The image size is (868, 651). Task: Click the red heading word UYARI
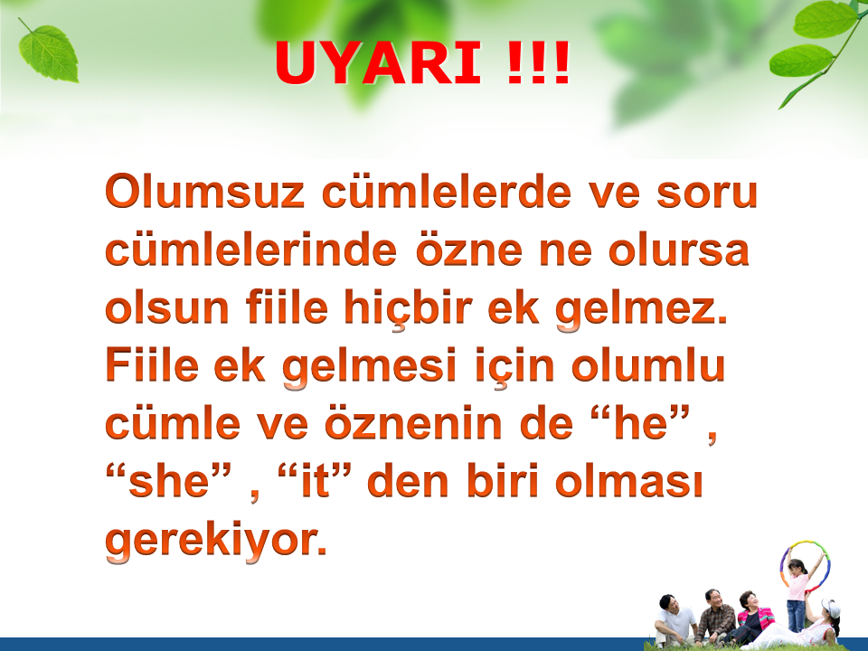[x=378, y=62]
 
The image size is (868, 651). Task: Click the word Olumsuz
[x=205, y=192]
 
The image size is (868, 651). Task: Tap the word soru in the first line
[x=707, y=193]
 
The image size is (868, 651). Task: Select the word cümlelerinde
[x=250, y=250]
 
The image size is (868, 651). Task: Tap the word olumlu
[x=648, y=366]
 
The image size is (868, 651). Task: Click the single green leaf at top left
[x=48, y=52]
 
